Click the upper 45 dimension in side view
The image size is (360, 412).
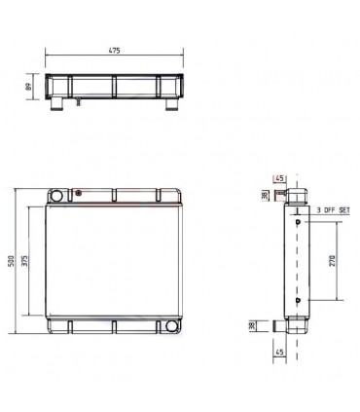click(278, 178)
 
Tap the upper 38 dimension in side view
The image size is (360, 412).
click(264, 195)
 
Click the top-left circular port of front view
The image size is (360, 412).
click(55, 198)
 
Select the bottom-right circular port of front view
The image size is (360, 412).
click(174, 325)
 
